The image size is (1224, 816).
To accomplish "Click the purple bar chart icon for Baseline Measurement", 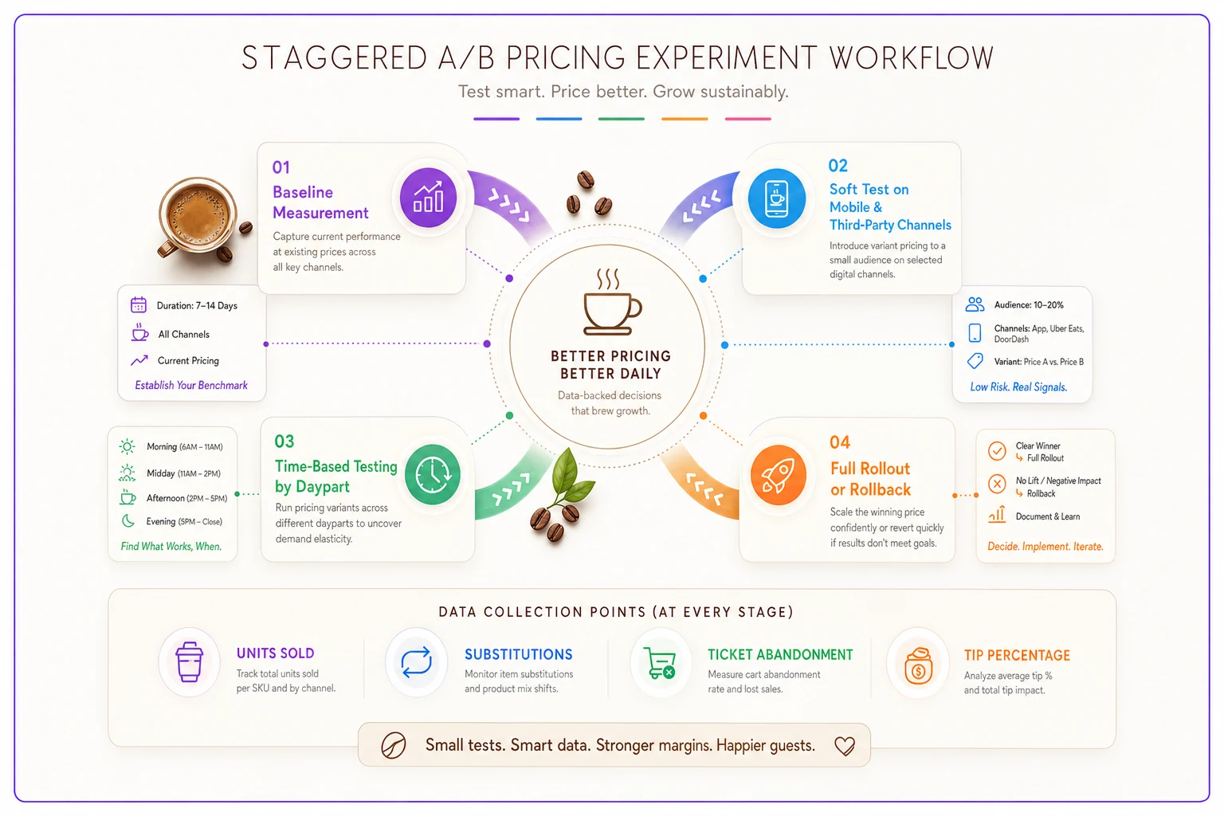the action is coord(428,198).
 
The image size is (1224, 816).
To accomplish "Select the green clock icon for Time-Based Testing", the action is coord(432,474).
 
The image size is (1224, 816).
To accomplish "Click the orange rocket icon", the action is coord(778,475).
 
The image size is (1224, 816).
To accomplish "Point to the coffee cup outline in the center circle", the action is coord(611,302).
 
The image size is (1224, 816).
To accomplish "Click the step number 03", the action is coord(284,441).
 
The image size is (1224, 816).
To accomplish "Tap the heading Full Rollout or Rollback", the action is coord(870,479).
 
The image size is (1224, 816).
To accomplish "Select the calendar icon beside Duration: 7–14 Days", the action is coord(138,304).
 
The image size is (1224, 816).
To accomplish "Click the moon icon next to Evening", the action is coord(127,521).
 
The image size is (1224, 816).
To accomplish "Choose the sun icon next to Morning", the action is coord(127,446).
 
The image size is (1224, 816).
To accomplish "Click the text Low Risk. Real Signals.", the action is coord(1018,387).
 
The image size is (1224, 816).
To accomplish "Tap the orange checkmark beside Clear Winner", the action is coord(997,451).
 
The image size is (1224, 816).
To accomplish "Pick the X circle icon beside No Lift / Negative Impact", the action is coord(997,484).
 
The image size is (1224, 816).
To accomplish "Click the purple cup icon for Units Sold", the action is coord(189,662).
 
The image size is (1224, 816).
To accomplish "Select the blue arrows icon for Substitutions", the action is coord(417,662).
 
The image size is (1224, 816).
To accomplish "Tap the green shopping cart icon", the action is coord(660,663).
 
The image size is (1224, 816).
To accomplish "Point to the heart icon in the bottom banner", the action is coord(844,746).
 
